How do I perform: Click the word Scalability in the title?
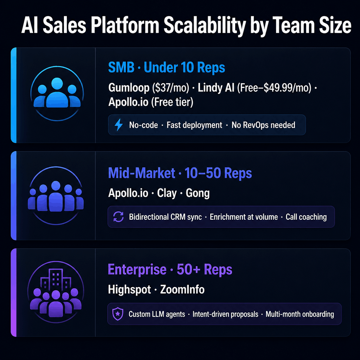(185, 26)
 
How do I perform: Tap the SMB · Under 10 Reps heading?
(166, 67)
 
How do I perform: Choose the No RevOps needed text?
(263, 125)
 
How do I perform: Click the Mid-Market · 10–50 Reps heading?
(180, 173)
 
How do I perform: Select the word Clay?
(167, 193)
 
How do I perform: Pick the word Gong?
(198, 193)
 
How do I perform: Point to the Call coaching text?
(306, 217)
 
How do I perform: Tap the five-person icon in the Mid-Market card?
(56, 197)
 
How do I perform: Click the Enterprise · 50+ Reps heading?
(170, 270)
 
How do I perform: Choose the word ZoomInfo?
(182, 290)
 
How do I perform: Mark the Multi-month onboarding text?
(300, 314)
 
